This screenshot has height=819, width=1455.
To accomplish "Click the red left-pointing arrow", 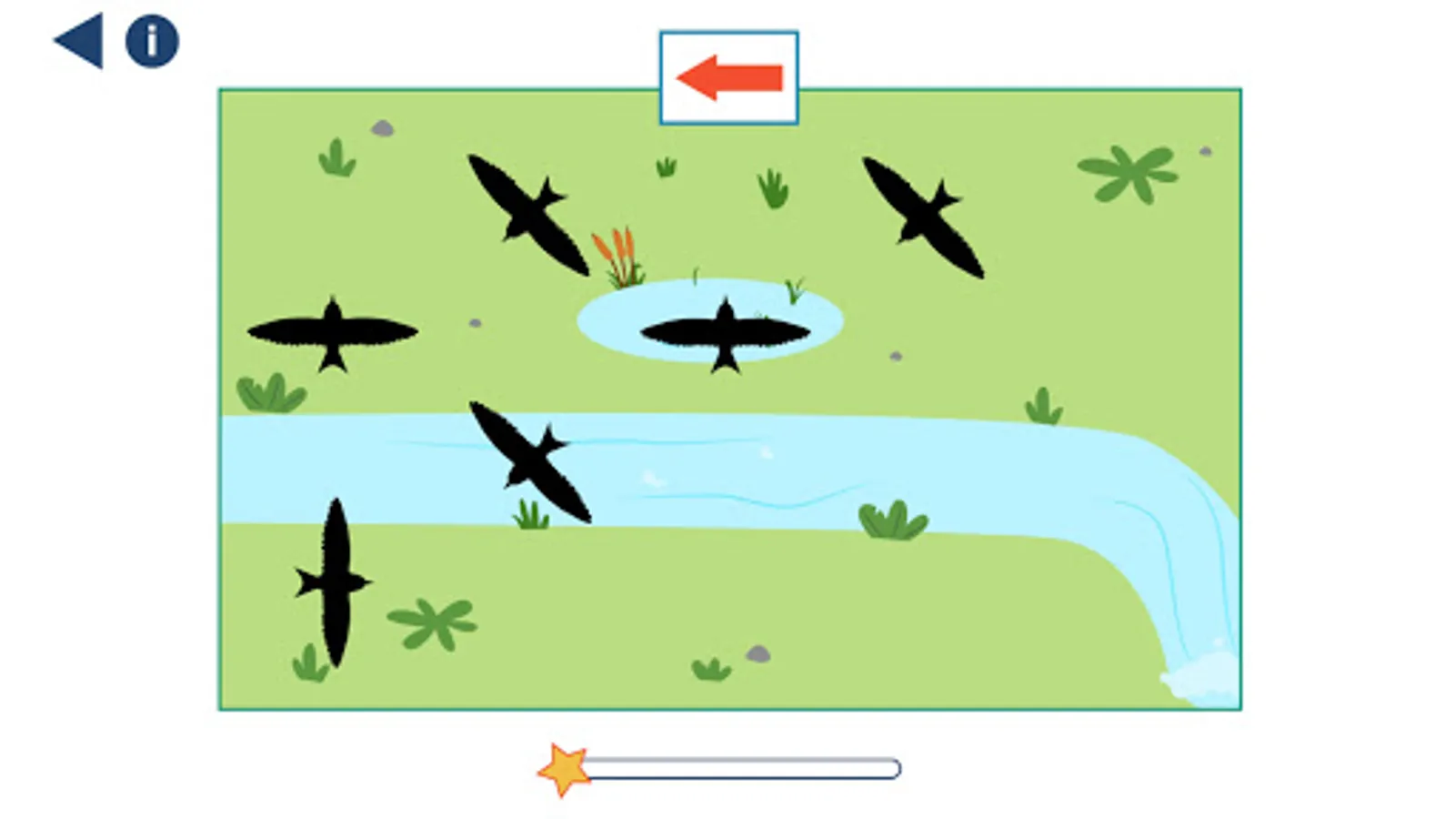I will coord(729,77).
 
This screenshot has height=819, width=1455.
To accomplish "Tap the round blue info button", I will coord(152,41).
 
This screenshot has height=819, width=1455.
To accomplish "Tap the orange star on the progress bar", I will coord(564,770).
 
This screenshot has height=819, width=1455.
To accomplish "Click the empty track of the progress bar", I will coord(742,770).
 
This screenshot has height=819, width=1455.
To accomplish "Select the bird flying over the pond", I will coord(725,332).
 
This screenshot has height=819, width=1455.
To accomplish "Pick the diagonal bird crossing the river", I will coord(530,461).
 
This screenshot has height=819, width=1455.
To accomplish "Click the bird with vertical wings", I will coord(335,582).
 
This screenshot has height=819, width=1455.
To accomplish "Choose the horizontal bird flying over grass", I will coord(333,332).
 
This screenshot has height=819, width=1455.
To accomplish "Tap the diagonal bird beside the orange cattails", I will coord(528,215).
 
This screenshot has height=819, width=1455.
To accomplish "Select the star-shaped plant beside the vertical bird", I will coord(433,622).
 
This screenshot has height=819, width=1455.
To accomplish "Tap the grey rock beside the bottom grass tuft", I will coord(758,653).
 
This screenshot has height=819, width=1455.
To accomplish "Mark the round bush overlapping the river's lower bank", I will coord(893,521).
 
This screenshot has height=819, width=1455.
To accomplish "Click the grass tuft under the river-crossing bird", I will coord(531,516).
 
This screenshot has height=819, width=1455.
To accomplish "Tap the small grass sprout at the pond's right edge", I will coord(795,290).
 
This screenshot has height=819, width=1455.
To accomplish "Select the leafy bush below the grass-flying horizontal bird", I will coord(271,394).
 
